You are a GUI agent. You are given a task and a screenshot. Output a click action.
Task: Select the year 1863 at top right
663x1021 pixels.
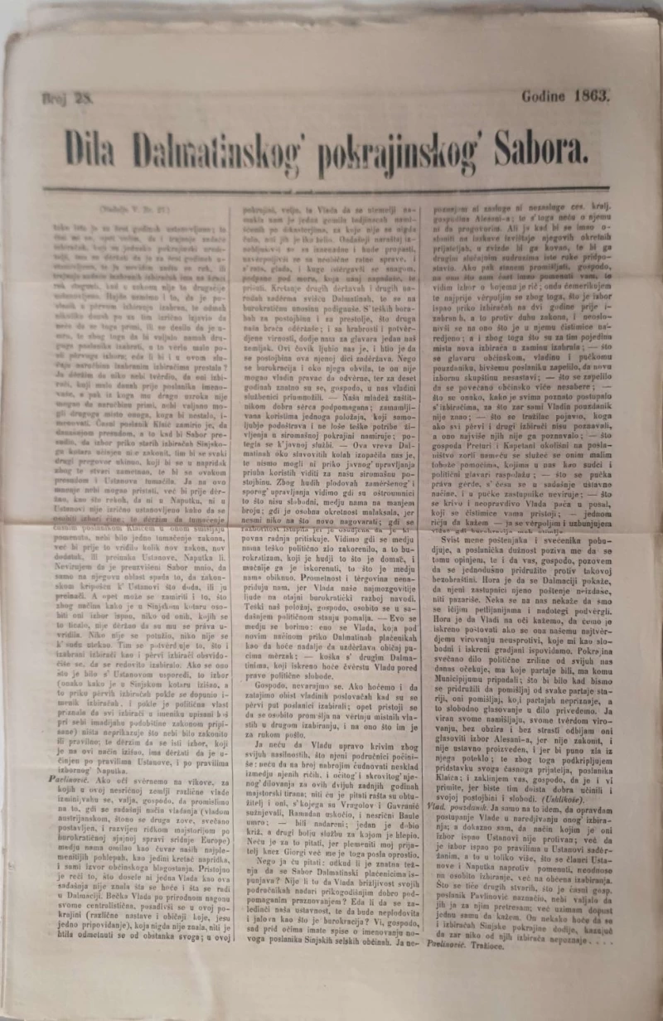pos(592,94)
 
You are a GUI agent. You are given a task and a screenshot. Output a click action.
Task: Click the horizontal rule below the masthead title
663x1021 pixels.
pos(331,190)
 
